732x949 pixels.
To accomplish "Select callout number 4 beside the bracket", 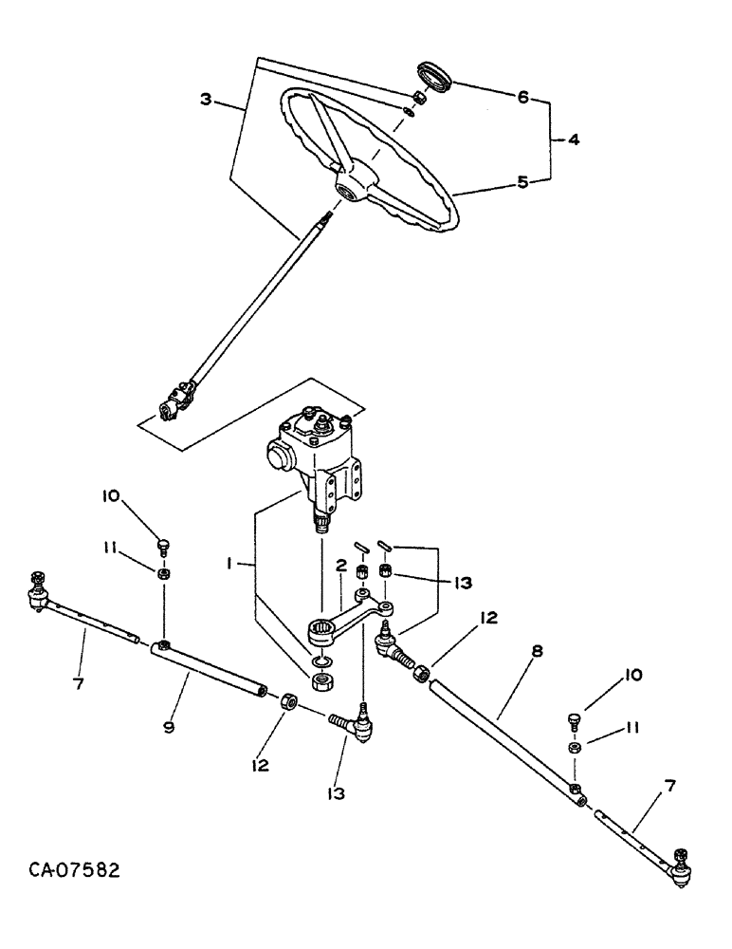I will point(573,139).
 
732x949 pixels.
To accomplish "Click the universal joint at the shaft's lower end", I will point(177,399).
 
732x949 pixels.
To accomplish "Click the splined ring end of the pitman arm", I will point(322,628).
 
